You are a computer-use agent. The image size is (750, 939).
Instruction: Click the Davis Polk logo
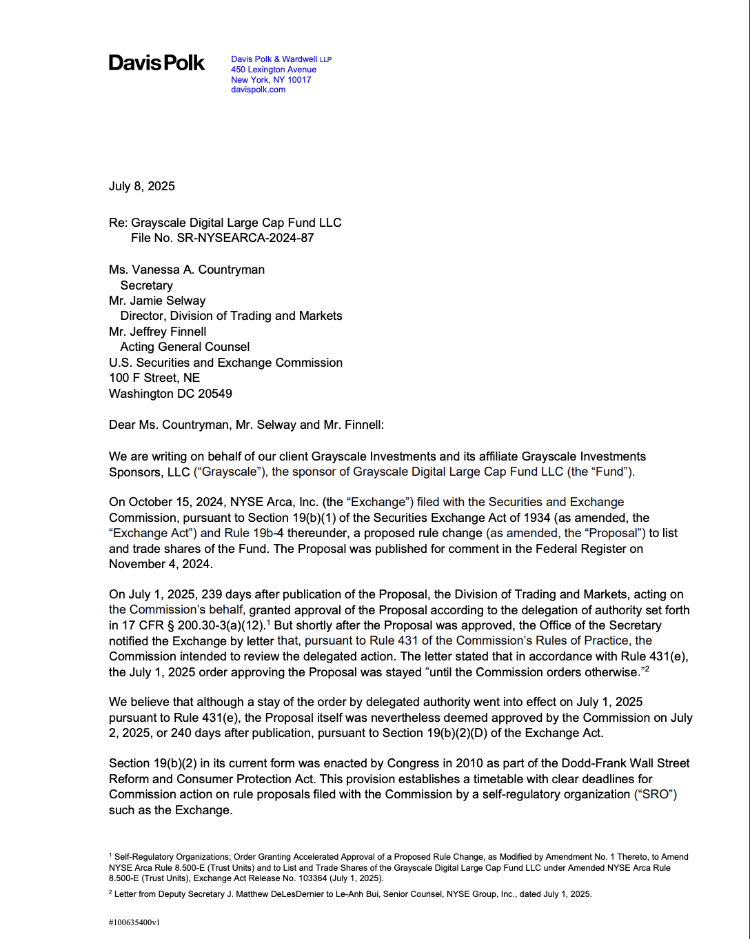point(156,63)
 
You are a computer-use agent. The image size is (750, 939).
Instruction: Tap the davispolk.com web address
point(258,90)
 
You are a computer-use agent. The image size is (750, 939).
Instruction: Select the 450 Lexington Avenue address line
point(274,70)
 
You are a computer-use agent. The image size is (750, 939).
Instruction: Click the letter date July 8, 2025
point(142,186)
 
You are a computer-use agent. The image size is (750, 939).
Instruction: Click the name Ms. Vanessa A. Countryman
point(187,270)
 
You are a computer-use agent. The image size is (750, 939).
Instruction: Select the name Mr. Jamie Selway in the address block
point(157,301)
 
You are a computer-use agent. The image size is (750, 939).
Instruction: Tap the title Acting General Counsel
point(185,347)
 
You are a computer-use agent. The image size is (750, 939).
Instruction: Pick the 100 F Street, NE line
point(154,378)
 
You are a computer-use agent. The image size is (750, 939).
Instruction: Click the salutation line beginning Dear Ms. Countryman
point(246,425)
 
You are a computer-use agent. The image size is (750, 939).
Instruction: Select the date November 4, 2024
point(160,564)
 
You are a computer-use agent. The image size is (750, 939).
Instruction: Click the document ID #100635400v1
point(134,922)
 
